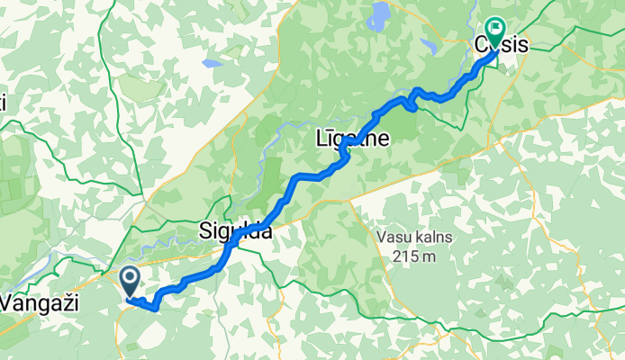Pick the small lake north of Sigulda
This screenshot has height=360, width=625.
(x=213, y=64)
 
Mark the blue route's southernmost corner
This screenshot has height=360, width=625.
(x=157, y=308)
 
